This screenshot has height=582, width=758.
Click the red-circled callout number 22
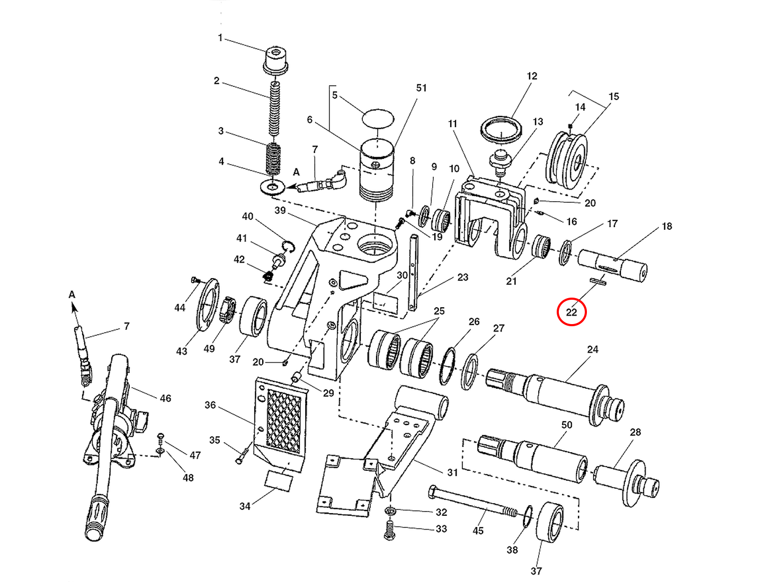571,312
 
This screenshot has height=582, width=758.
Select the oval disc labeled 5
378,118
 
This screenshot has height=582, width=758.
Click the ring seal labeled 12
501,129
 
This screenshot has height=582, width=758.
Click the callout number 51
421,88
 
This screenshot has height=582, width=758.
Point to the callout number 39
280,210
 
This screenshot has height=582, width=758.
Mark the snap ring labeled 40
288,246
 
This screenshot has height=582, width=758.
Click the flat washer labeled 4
273,187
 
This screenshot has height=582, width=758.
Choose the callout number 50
567,425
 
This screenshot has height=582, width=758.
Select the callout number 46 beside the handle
165,398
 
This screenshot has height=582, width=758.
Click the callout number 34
245,506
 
